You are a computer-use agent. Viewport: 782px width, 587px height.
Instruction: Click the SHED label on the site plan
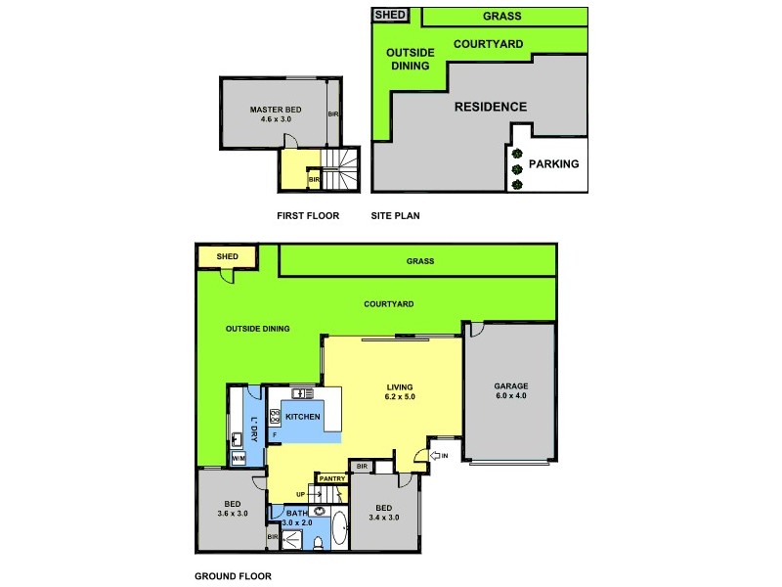[x=390, y=16]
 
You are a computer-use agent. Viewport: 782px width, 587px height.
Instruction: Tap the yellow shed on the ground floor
[x=227, y=256]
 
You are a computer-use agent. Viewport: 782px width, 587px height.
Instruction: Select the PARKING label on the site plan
[x=553, y=164]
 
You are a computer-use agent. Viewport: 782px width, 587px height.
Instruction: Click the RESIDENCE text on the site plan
[x=490, y=107]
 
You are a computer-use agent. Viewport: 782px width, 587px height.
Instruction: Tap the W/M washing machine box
[x=239, y=458]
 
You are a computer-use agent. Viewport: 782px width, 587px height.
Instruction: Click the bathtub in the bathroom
[x=339, y=528]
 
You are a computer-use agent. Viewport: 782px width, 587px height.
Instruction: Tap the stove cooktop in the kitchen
[x=276, y=416]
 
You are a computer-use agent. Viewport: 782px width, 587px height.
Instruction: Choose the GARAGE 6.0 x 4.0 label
[x=509, y=390]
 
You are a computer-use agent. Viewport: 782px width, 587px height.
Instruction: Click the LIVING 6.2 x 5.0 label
[x=399, y=391]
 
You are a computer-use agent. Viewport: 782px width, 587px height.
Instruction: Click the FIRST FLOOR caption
[x=309, y=216]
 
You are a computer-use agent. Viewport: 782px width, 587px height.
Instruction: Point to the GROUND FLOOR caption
[x=233, y=576]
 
